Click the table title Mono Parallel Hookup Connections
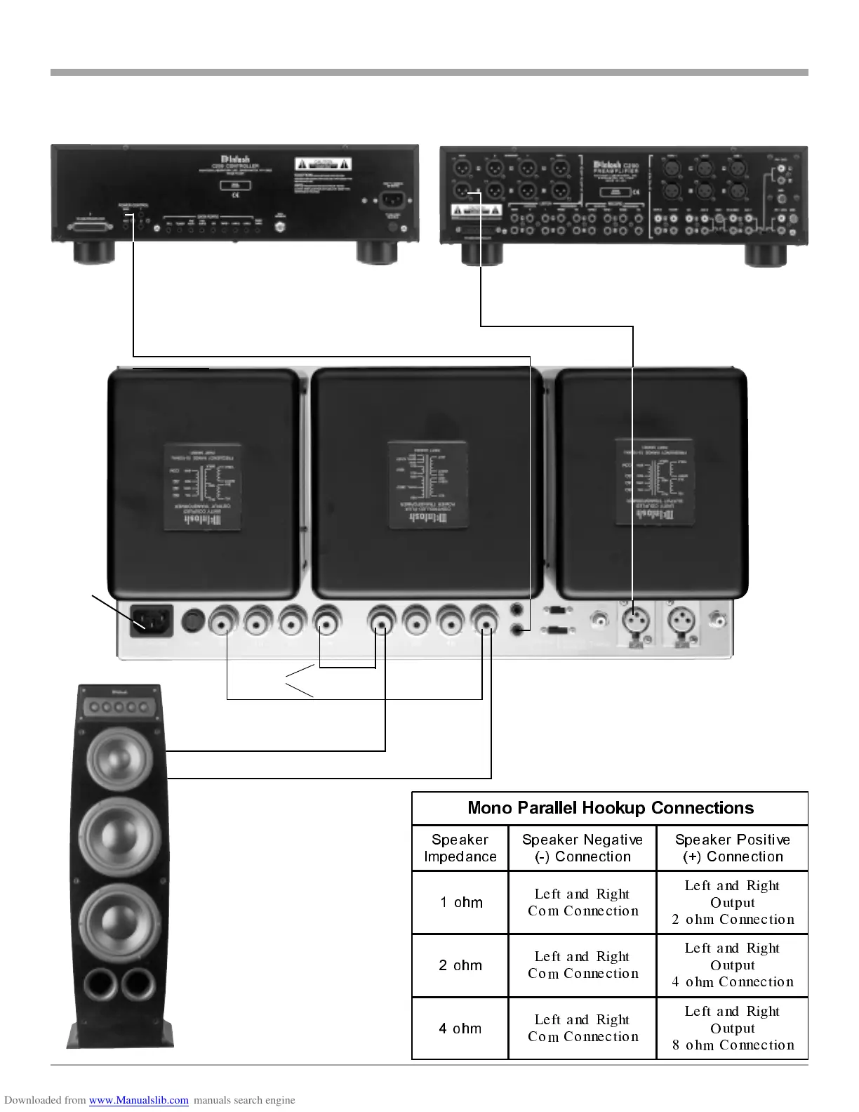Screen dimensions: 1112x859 610,808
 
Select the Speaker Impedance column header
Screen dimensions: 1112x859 460,848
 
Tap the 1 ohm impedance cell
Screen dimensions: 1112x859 460,903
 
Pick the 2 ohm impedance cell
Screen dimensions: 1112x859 460,965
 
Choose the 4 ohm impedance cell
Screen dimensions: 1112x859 460,1028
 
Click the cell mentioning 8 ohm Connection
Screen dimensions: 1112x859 733,1028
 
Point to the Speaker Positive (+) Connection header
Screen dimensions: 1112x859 732,848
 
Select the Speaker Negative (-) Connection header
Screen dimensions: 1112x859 582,848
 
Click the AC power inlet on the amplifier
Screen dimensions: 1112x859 150,621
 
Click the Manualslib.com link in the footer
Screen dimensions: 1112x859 138,1100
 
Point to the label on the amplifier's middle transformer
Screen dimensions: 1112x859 428,485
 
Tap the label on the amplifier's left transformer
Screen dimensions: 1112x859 203,486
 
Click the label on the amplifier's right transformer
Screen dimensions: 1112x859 655,482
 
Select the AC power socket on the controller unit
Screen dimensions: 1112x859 393,200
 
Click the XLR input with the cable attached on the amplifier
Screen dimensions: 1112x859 635,621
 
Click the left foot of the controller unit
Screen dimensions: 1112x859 94,251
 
